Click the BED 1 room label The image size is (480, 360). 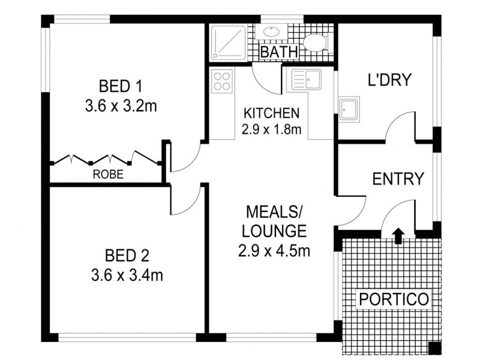click(x=121, y=86)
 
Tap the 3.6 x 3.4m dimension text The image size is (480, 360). click(x=127, y=275)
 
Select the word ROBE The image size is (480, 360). click(x=108, y=174)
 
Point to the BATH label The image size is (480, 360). click(x=279, y=52)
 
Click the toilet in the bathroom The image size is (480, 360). click(x=316, y=43)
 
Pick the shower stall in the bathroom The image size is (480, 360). click(x=229, y=43)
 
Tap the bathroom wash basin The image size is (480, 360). click(x=271, y=32)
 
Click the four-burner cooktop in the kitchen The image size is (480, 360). click(x=222, y=81)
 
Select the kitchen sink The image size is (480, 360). click(x=306, y=79)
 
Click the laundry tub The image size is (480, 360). click(x=349, y=109)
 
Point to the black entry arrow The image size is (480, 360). click(x=398, y=235)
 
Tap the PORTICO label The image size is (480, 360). click(x=394, y=299)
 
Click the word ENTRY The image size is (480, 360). click(x=398, y=178)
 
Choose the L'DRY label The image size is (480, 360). click(x=389, y=80)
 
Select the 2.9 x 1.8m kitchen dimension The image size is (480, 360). click(x=271, y=130)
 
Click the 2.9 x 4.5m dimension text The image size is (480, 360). click(x=274, y=251)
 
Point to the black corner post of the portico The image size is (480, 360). click(x=434, y=348)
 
